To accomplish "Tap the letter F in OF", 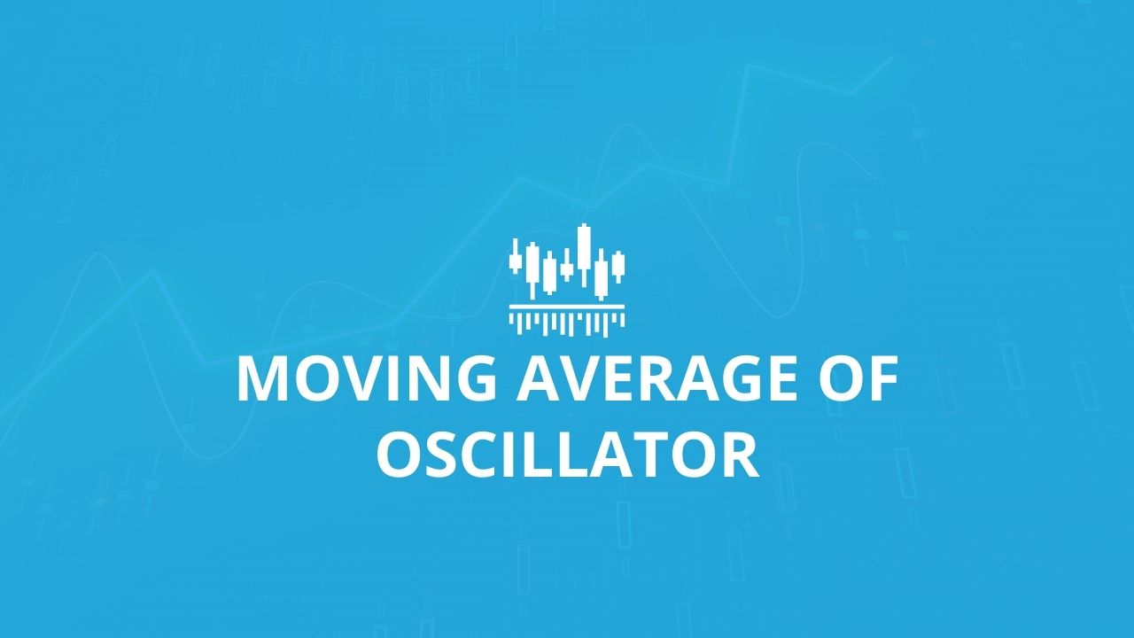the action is tap(883, 378).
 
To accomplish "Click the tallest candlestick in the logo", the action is tap(585, 254).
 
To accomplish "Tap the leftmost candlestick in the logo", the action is tap(516, 256).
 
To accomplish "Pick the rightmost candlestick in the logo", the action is tap(618, 267).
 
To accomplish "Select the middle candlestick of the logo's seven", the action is tap(567, 266).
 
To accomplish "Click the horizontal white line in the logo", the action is tap(567, 307).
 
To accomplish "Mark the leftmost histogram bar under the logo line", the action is tap(511, 318).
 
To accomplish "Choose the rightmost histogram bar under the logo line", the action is tap(623, 318).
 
